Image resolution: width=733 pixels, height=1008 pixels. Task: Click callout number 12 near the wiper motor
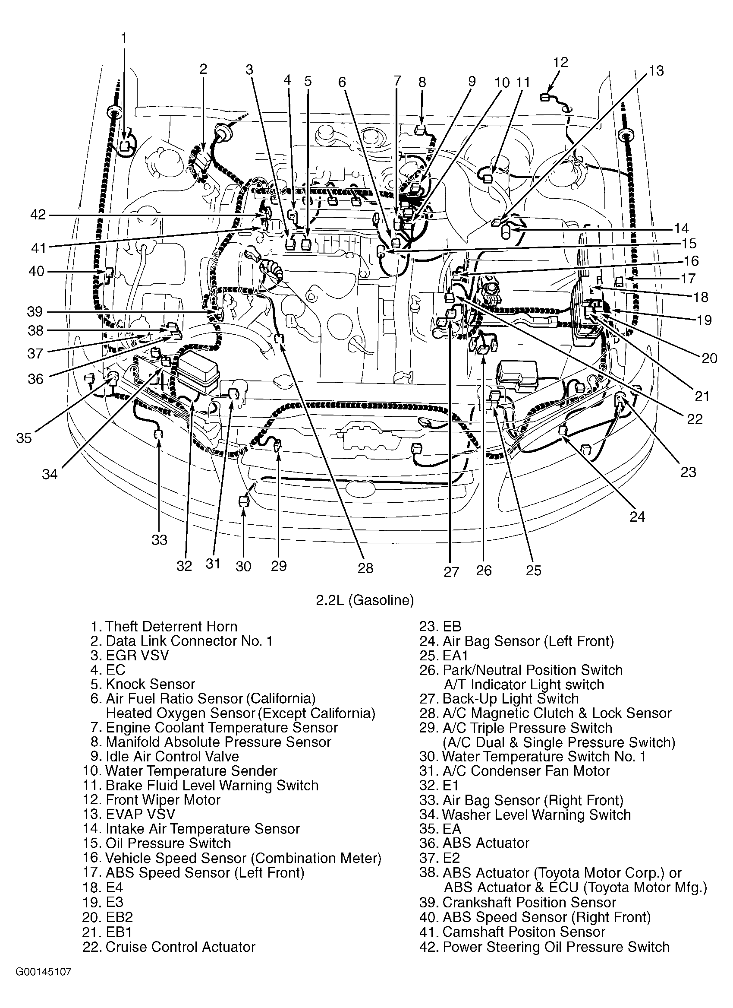(x=561, y=62)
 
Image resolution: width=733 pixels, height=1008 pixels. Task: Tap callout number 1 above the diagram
(x=124, y=38)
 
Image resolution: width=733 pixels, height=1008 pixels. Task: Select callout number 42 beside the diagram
(x=38, y=215)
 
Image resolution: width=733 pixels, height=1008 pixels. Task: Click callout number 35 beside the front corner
(x=24, y=438)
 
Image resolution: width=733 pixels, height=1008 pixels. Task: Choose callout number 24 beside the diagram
(x=637, y=517)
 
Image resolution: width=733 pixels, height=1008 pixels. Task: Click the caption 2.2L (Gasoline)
(x=365, y=600)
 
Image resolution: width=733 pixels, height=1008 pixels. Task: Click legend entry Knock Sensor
(x=151, y=684)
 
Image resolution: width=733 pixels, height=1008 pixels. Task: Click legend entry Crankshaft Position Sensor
(x=529, y=903)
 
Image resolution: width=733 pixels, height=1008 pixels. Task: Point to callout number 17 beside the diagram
(x=688, y=278)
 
